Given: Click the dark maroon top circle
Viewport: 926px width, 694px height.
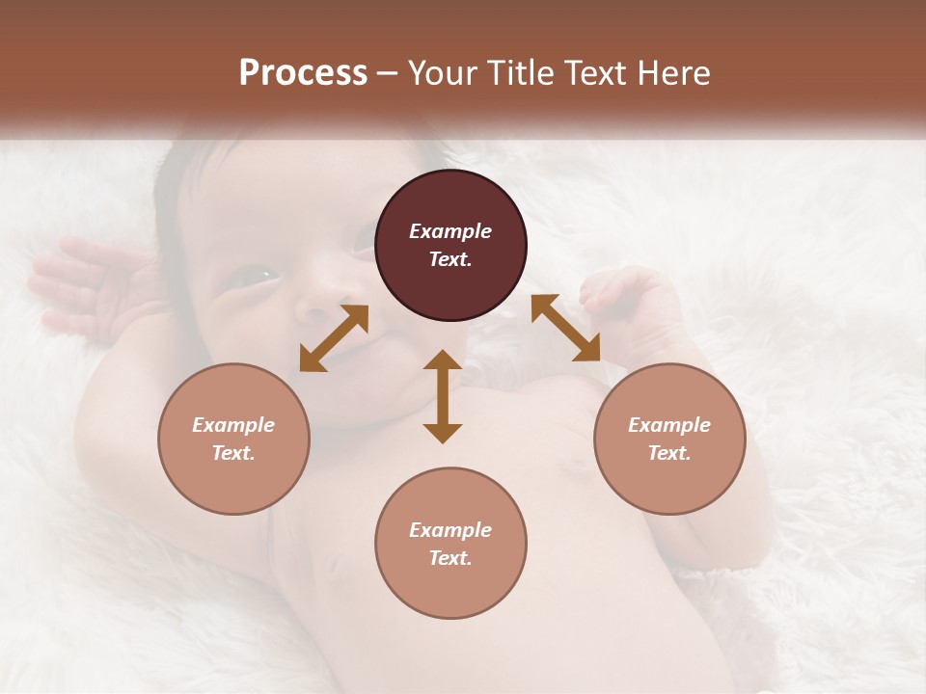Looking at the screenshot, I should click(450, 246).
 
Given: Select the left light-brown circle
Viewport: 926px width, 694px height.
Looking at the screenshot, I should click(233, 439).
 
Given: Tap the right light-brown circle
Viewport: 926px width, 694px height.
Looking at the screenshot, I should click(669, 439).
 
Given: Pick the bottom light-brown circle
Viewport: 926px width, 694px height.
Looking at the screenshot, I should click(450, 544).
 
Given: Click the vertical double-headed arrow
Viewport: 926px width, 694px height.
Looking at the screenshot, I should click(443, 396).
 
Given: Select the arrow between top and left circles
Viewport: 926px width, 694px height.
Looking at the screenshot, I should click(334, 337).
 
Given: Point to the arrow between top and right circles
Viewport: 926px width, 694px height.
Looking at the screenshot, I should click(565, 328).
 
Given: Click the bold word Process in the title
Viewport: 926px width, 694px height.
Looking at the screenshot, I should click(303, 73).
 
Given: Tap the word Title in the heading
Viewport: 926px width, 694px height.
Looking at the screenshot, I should click(517, 73).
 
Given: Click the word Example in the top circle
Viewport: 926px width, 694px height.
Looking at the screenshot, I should click(450, 231).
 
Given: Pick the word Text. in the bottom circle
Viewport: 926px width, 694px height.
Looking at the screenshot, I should click(450, 558).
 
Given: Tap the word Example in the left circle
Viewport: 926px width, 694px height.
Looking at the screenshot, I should click(233, 425).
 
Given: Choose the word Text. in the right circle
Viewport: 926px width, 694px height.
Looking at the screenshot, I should click(669, 453).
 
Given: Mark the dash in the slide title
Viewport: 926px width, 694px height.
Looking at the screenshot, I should click(388, 73).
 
